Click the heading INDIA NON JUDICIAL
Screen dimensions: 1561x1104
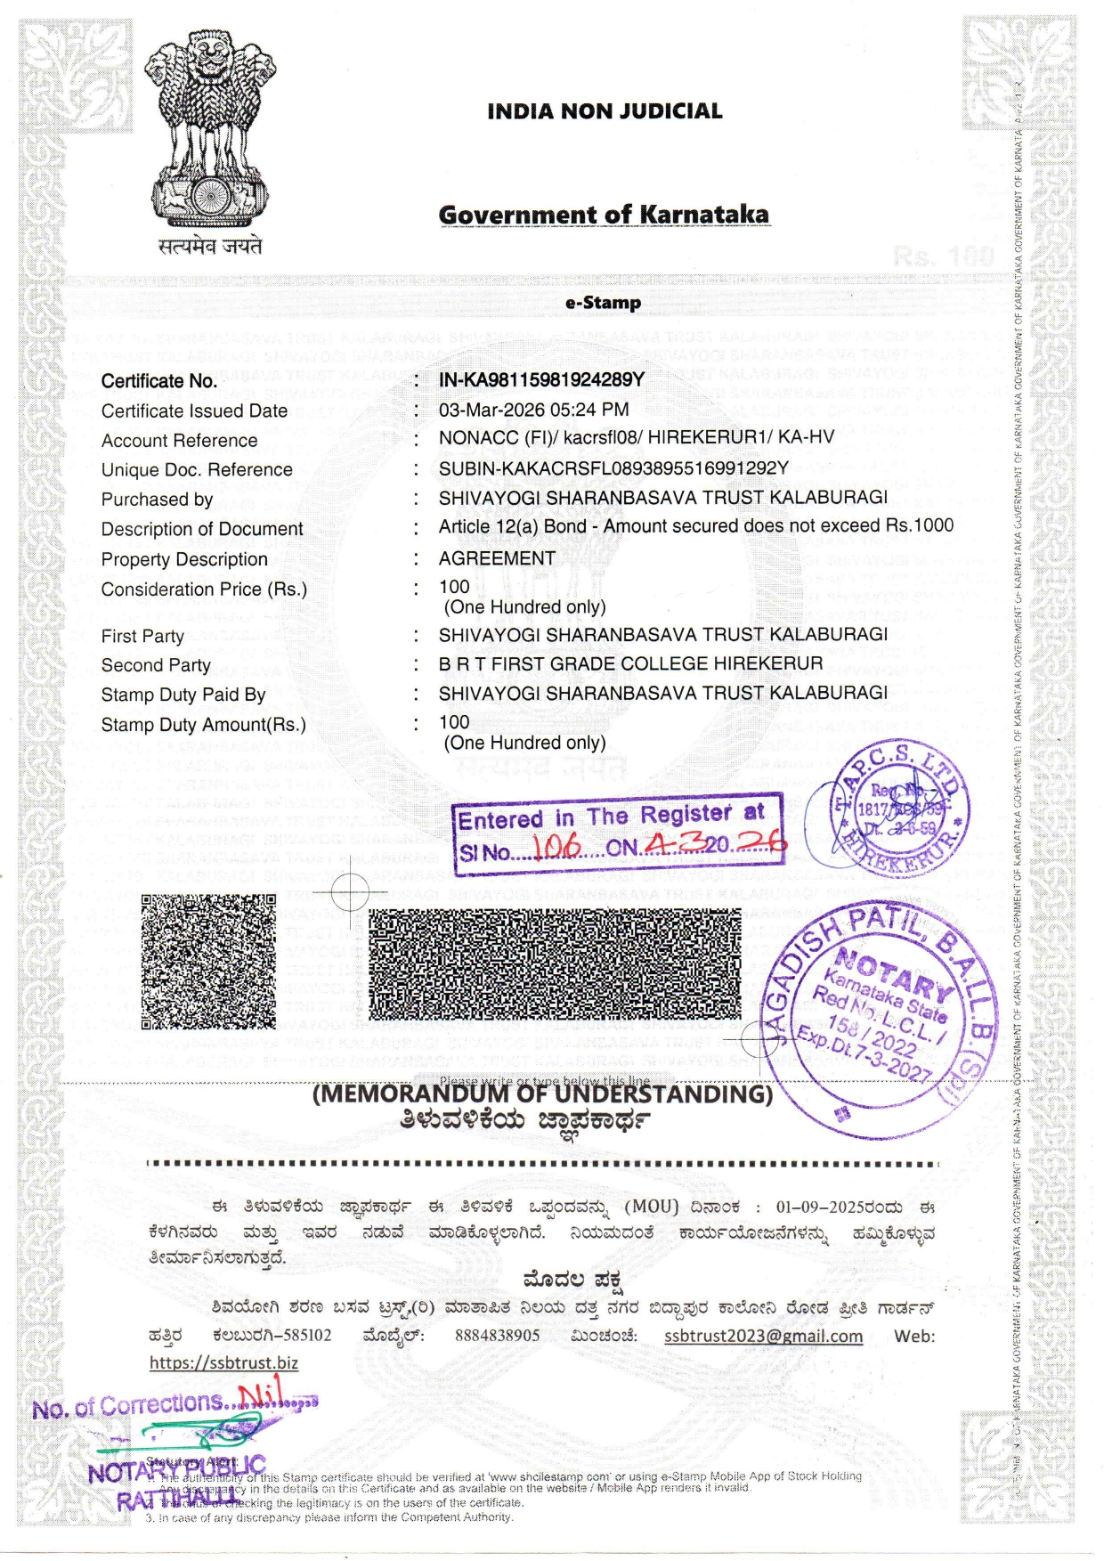click(605, 111)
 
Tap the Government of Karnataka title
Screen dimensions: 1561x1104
click(604, 215)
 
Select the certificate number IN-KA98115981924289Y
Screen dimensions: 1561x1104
click(541, 379)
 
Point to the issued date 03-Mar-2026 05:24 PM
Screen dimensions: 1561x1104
click(533, 410)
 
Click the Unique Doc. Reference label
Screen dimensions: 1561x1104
click(197, 470)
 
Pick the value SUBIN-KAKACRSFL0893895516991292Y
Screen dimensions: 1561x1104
click(613, 468)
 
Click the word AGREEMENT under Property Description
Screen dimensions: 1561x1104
click(497, 558)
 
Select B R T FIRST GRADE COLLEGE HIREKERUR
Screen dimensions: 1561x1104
click(630, 663)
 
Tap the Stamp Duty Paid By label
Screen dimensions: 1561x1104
click(183, 695)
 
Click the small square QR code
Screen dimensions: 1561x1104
click(209, 962)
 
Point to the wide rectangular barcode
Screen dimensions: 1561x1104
click(555, 963)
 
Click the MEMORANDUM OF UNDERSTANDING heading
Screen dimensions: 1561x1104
click(542, 1094)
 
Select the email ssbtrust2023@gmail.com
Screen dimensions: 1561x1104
click(763, 1336)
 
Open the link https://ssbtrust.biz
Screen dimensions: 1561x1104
click(223, 1362)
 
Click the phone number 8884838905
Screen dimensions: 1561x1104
click(497, 1336)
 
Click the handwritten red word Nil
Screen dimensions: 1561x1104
click(260, 1392)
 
